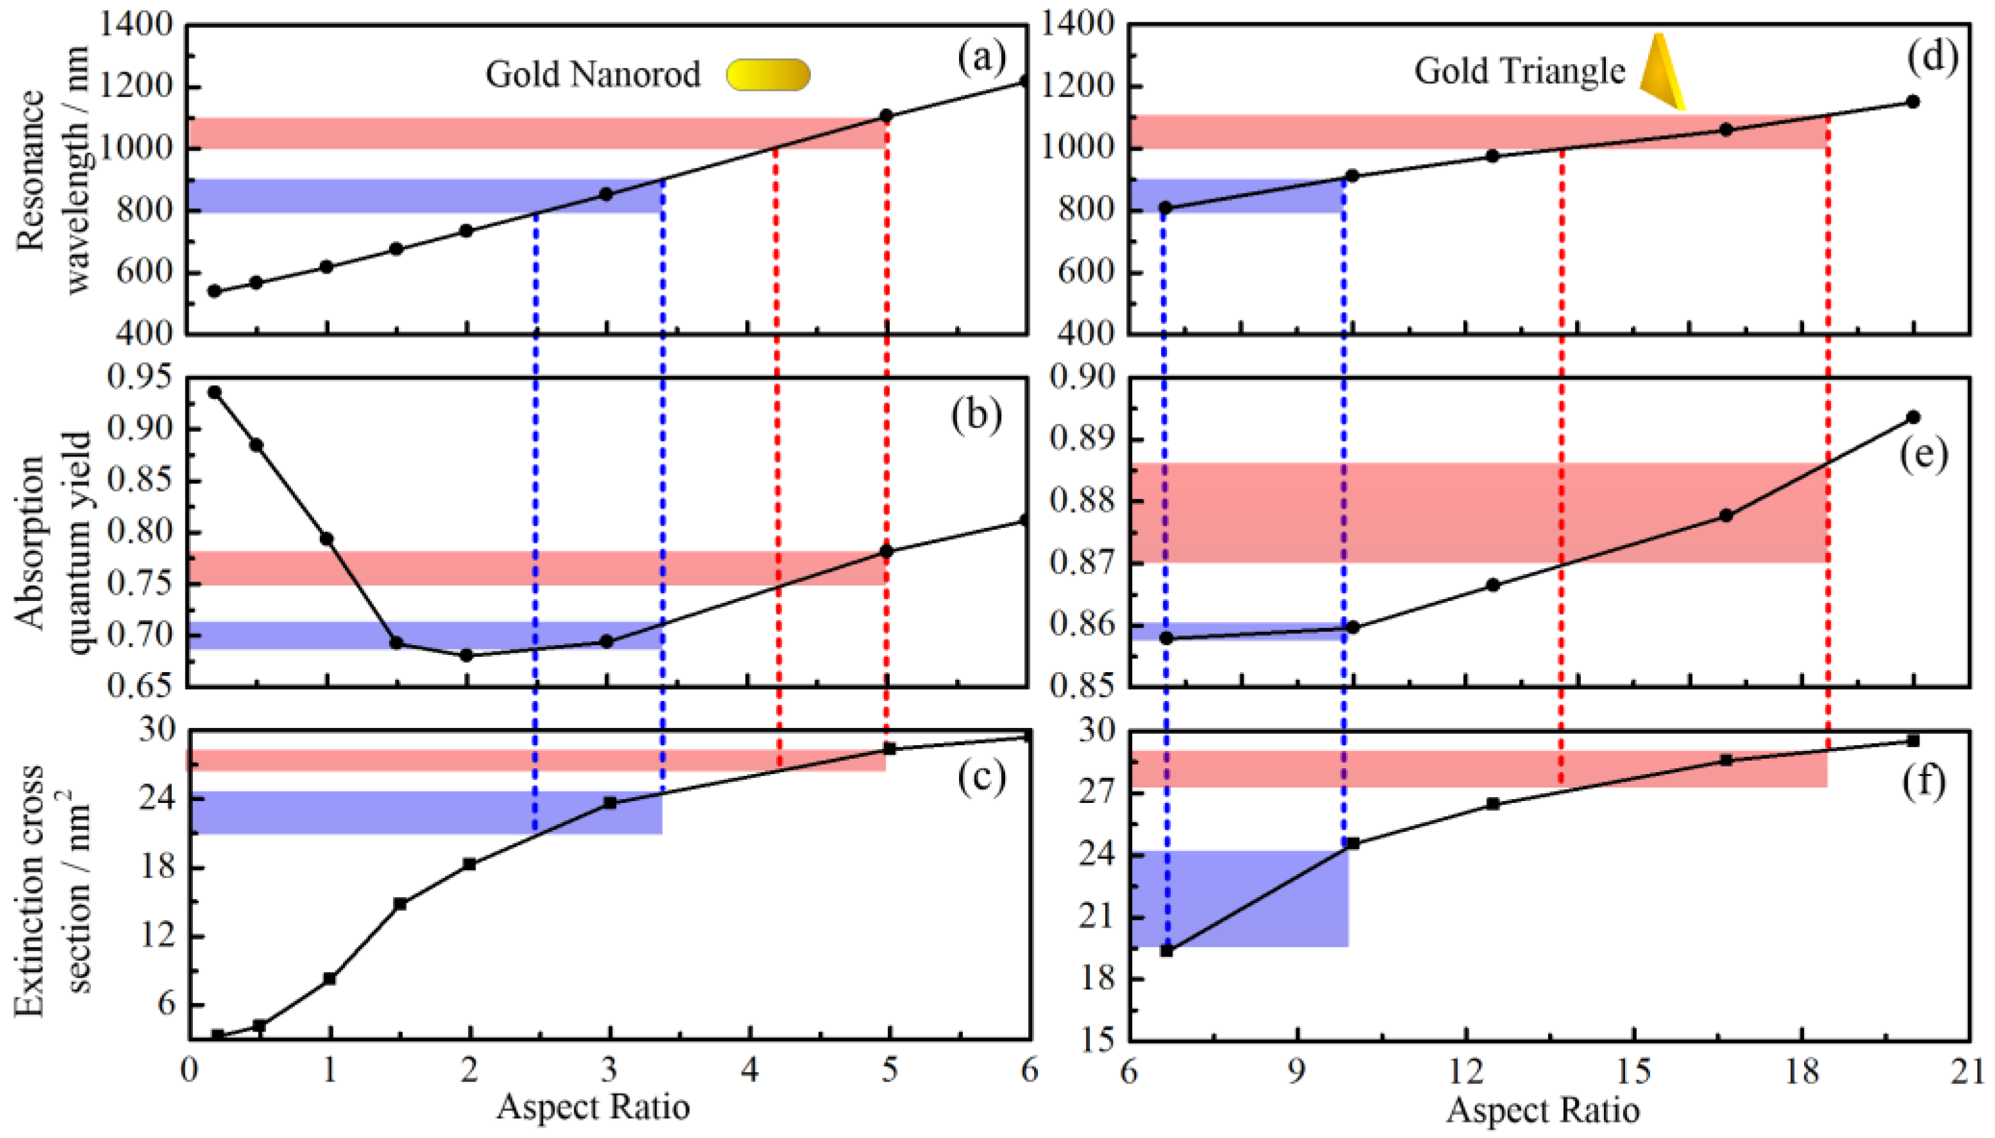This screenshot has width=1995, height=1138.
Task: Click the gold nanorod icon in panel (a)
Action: pyautogui.click(x=767, y=75)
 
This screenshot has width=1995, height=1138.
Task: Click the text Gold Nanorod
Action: pyautogui.click(x=592, y=75)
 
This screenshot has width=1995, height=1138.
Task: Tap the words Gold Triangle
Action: pyautogui.click(x=1519, y=71)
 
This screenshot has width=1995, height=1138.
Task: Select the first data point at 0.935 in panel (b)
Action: pyautogui.click(x=215, y=392)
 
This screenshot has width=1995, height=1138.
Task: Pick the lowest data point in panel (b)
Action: pyautogui.click(x=467, y=655)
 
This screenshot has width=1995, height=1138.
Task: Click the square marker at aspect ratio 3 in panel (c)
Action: pyautogui.click(x=610, y=803)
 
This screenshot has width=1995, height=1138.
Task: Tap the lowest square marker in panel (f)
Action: pyautogui.click(x=1166, y=950)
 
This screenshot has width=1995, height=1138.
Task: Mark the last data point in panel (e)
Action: pyautogui.click(x=1913, y=417)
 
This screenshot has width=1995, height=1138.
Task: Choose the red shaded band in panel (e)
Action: pyautogui.click(x=1485, y=512)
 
